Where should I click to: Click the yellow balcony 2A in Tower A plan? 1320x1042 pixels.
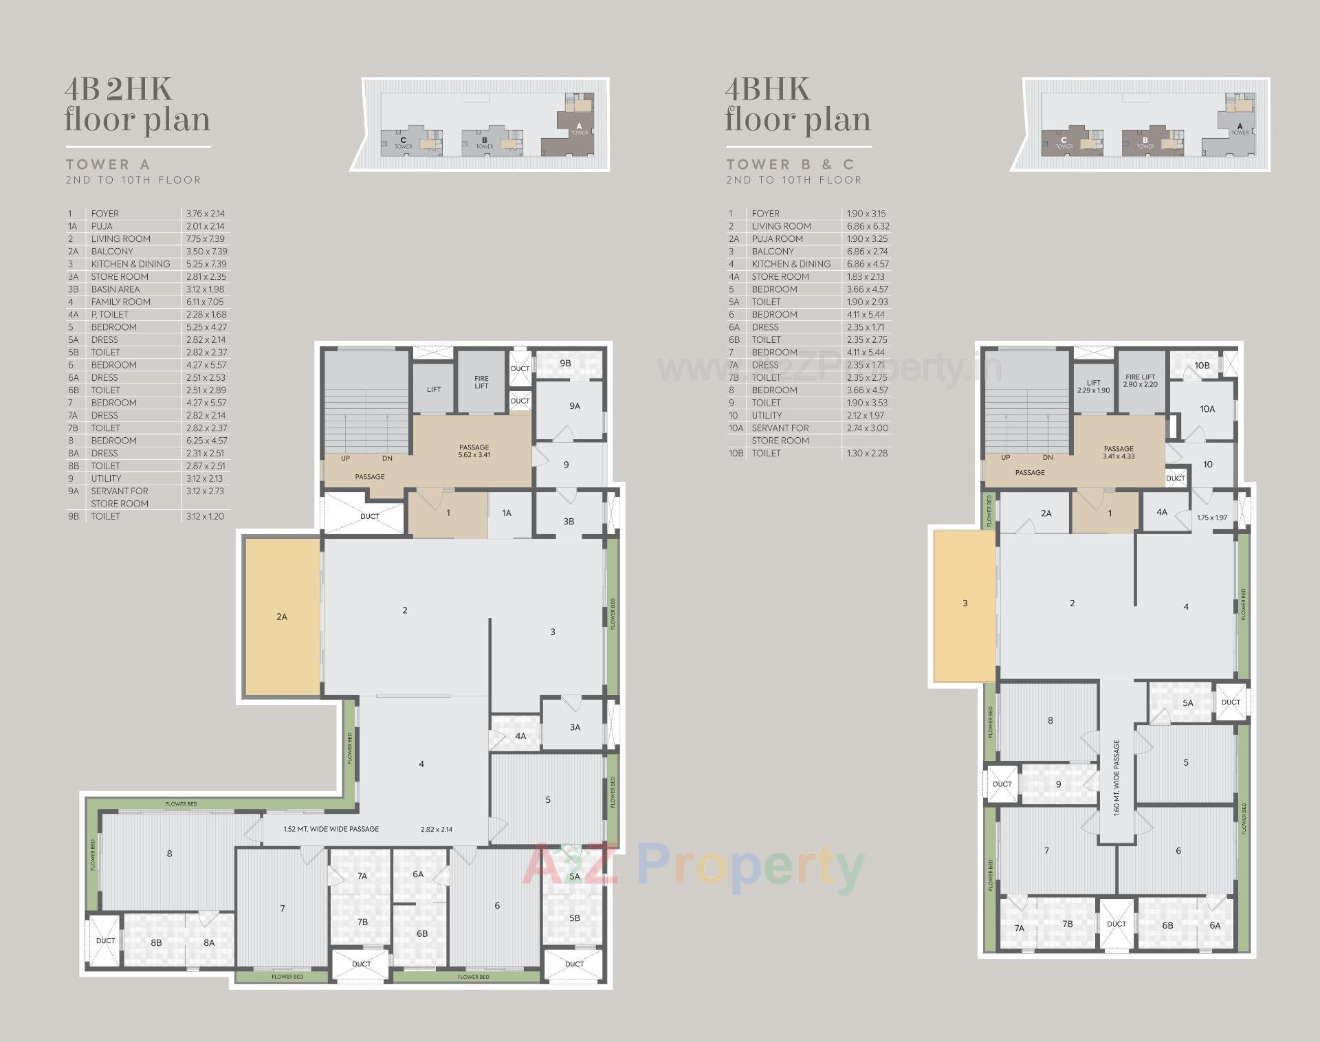(282, 617)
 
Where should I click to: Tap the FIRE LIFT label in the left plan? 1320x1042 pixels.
(481, 382)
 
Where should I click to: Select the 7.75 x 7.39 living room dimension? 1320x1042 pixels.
(206, 239)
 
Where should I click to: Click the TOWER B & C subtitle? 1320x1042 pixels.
(790, 164)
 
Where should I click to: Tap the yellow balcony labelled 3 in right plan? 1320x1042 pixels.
(965, 603)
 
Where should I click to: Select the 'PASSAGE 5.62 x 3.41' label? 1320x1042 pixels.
(474, 451)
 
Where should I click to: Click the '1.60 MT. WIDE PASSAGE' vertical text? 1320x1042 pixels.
(1116, 777)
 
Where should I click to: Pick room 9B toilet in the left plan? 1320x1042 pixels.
(565, 363)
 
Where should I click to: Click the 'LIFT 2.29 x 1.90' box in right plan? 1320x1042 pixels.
(1093, 386)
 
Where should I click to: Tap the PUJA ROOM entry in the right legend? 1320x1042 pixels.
(777, 239)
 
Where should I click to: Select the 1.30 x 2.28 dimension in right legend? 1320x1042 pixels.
(866, 453)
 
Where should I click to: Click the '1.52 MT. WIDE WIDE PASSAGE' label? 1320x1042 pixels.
(331, 829)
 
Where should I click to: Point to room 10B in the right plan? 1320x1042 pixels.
(1201, 365)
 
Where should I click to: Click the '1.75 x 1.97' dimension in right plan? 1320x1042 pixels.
(1211, 518)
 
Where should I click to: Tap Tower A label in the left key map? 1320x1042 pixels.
(579, 128)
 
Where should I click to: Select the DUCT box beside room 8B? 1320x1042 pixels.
(105, 940)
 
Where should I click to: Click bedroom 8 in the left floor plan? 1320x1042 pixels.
(169, 854)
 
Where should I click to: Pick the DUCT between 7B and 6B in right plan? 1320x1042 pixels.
(1116, 924)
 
